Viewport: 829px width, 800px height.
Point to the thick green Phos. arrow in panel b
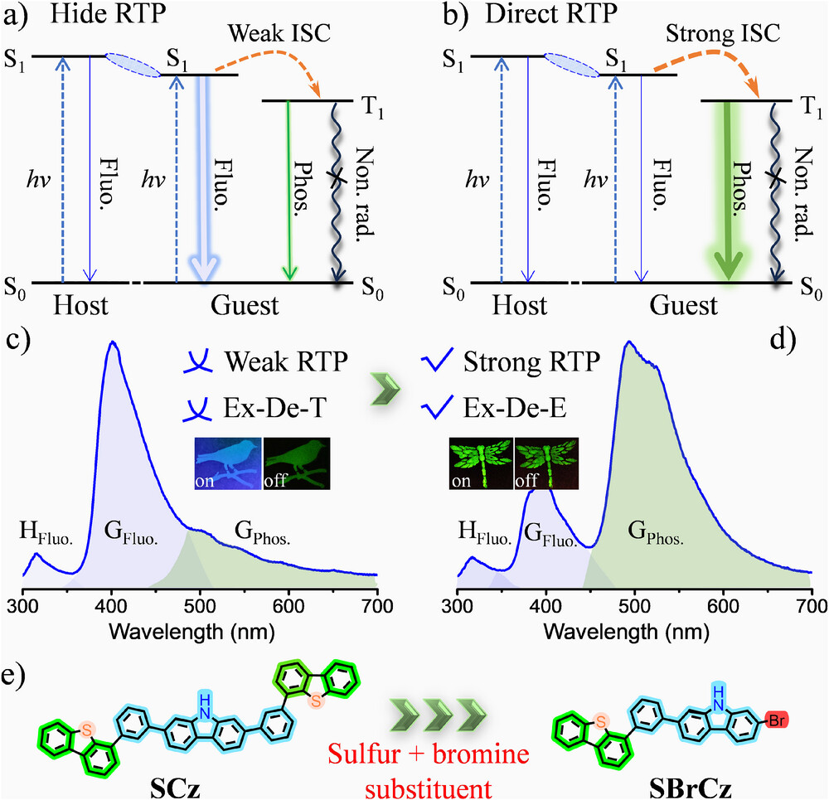coord(726,191)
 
